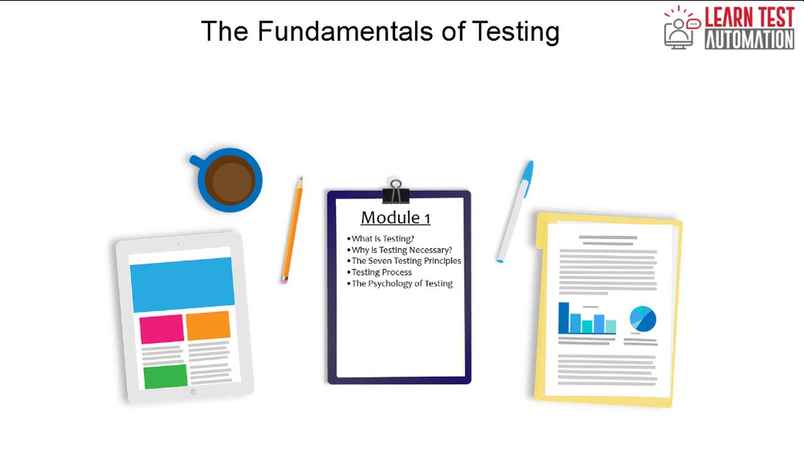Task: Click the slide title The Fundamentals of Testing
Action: click(380, 31)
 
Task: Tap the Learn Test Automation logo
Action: click(729, 28)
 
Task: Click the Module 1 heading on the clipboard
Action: click(395, 218)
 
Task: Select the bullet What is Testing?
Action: click(383, 239)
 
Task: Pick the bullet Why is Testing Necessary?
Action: click(401, 250)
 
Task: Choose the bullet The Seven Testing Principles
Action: click(406, 261)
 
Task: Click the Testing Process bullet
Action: click(381, 272)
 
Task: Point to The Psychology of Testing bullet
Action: click(401, 283)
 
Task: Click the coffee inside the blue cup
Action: click(230, 180)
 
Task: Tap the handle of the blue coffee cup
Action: click(196, 161)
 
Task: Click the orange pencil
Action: click(293, 229)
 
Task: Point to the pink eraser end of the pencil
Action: click(285, 279)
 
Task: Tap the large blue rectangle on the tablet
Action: click(182, 284)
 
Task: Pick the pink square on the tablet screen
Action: click(161, 329)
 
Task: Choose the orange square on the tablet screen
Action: click(208, 325)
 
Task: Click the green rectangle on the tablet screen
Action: click(165, 376)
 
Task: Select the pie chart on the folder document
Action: click(643, 319)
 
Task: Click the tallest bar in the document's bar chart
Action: click(563, 318)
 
